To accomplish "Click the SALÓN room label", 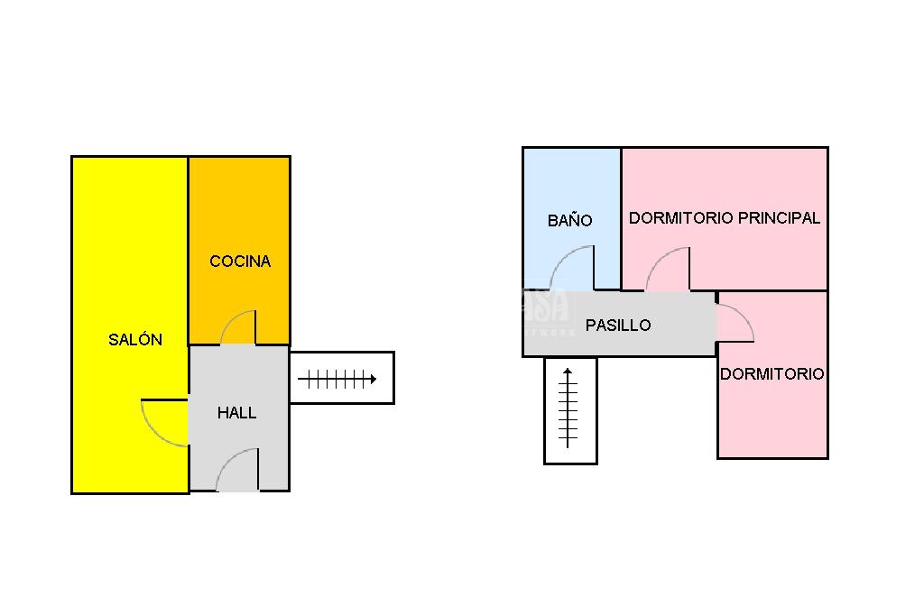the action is point(135,340).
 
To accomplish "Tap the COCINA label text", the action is point(240,262).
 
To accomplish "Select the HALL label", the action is point(236,413).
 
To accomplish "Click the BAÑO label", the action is point(570,220).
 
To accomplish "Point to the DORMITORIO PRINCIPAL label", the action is point(725,217).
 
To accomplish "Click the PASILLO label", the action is point(618,326).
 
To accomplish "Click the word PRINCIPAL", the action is point(779,217).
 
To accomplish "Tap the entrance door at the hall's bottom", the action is point(237,471).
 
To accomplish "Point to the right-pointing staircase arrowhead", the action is point(371,380).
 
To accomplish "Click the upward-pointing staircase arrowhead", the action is point(568,372).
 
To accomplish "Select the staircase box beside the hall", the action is point(342,377).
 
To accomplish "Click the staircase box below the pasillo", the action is point(570,410).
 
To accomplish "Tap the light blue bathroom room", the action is point(571,180).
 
